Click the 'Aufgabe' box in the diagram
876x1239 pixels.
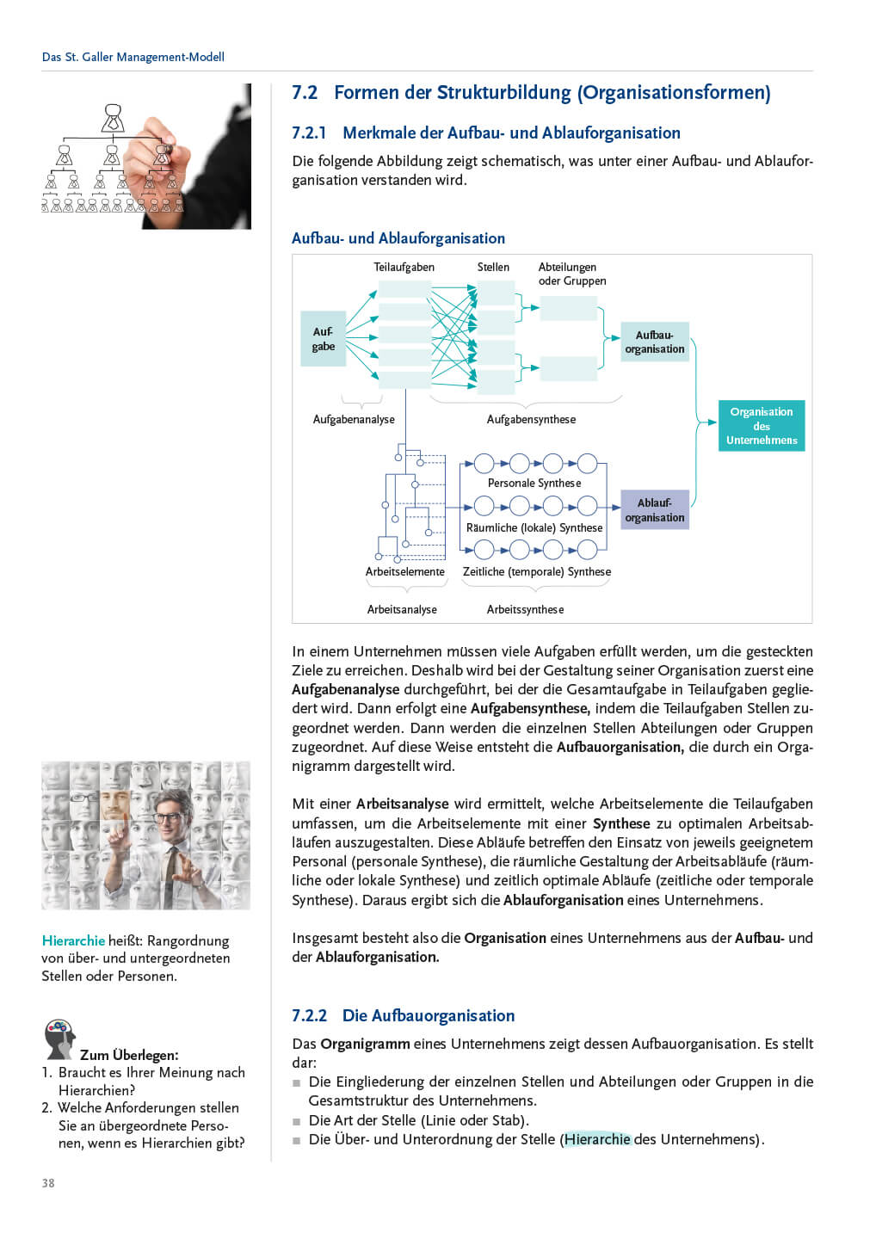point(323,339)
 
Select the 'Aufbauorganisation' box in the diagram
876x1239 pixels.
point(655,342)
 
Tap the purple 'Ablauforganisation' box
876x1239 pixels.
point(655,510)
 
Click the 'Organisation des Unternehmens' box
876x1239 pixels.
point(762,426)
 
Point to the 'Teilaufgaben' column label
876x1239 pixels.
point(404,268)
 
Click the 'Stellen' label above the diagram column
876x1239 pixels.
point(493,268)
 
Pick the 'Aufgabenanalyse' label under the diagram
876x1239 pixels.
point(354,420)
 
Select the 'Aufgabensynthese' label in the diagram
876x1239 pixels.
point(531,420)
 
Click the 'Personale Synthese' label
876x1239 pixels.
point(534,484)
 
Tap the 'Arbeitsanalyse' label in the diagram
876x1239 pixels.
point(402,610)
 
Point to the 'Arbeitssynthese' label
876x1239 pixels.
point(525,610)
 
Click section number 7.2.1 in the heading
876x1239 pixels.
point(309,133)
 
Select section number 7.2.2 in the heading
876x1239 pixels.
point(309,1016)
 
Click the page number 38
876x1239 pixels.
point(48,1183)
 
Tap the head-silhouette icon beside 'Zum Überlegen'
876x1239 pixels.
point(59,1039)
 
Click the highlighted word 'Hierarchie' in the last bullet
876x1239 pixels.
point(597,1140)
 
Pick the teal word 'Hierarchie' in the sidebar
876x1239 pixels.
point(73,941)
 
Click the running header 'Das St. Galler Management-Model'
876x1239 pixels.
point(133,58)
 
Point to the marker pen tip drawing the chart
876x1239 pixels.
point(165,151)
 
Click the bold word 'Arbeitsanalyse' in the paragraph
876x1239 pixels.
point(402,804)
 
